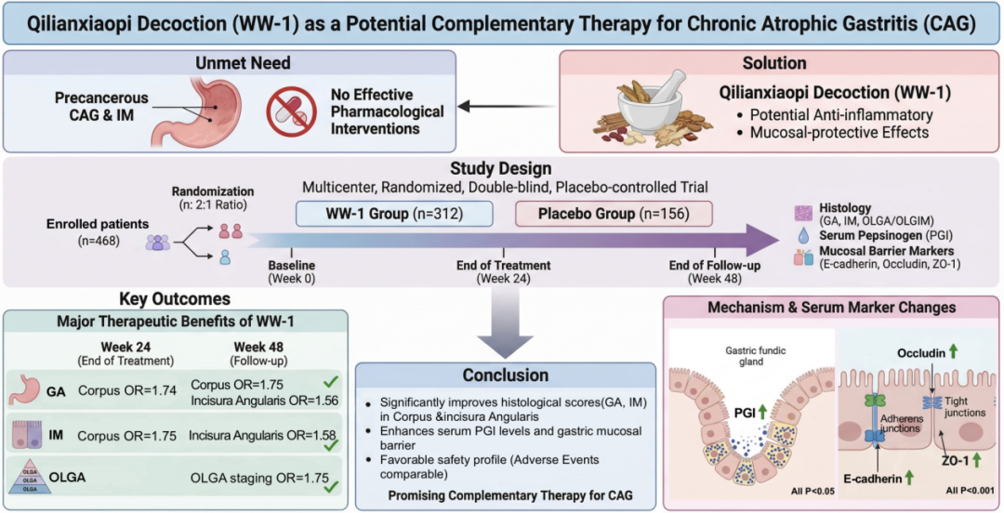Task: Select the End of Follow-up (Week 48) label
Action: point(712,271)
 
